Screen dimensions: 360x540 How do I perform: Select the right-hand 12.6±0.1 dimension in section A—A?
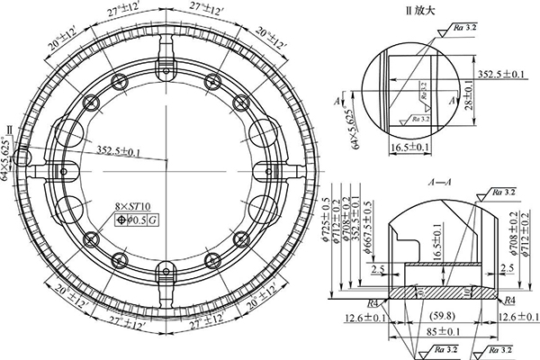coord(514,316)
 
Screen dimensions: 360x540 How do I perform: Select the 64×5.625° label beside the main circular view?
coord(8,160)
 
